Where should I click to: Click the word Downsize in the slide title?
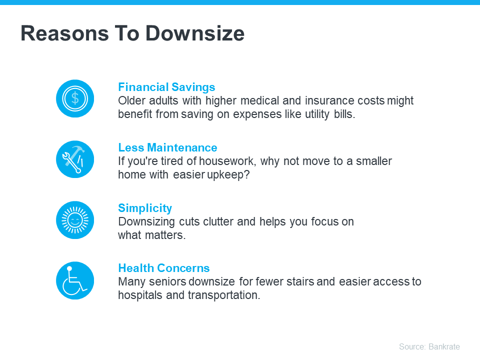pos(195,33)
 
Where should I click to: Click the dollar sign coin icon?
pos(75,98)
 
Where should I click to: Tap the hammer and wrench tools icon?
pos(75,159)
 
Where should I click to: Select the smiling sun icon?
pos(75,219)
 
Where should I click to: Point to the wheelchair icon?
pos(75,280)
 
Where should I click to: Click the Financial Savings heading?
pos(166,87)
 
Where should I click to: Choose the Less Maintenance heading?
pos(167,147)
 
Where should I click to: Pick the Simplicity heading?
pos(145,208)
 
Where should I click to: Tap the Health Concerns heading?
pos(164,268)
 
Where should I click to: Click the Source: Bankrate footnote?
pos(429,346)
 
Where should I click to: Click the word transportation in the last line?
pos(224,295)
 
